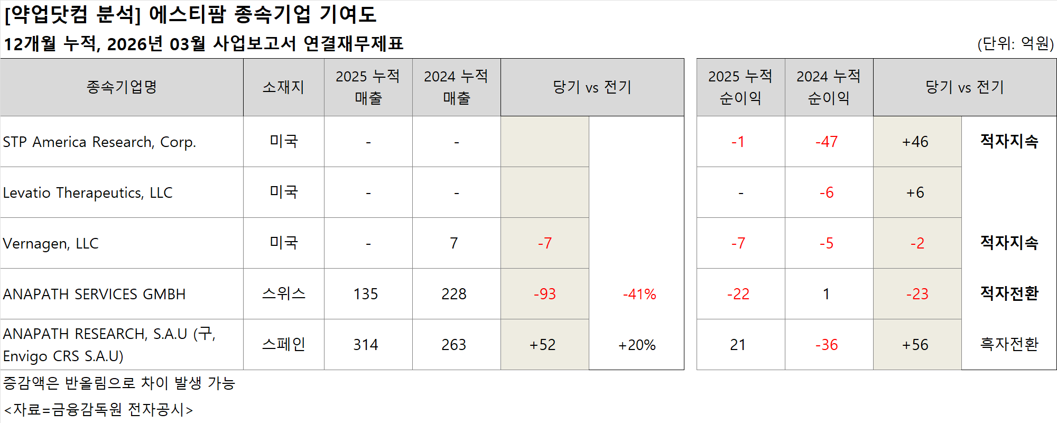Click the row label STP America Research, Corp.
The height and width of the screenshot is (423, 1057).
coord(99,142)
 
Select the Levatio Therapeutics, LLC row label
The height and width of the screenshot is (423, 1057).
coord(88,193)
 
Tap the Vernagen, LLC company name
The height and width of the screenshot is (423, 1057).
coord(51,244)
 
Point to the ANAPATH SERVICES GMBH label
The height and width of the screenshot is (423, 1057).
coord(94,295)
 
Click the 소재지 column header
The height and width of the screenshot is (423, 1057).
coord(283,87)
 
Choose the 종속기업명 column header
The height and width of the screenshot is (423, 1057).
coord(122,87)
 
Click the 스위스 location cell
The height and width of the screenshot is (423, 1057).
coord(283,294)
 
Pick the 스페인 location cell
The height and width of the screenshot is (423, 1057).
coord(283,345)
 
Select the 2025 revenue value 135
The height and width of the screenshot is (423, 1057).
coord(366,294)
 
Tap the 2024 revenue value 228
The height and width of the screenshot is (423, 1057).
coord(454,294)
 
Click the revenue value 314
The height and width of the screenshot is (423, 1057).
coord(366,345)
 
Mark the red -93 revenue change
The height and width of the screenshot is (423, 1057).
coord(544,294)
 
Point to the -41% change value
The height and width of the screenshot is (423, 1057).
coord(639,295)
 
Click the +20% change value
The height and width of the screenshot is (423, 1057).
coord(637,345)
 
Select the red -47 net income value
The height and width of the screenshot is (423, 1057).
coord(827,142)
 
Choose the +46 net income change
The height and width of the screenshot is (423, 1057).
coord(915,142)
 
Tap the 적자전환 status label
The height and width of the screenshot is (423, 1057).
coord(1009,293)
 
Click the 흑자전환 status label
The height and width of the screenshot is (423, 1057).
coord(1009,345)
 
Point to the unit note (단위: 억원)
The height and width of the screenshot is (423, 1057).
coord(1015,43)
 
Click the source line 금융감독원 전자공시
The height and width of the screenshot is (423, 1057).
coord(98,410)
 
